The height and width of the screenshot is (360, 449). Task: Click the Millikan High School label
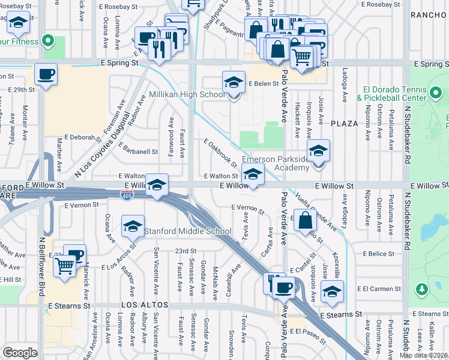click(179, 94)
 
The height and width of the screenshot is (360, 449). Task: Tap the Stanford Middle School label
click(187, 231)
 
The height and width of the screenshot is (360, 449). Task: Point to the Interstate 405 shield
click(127, 202)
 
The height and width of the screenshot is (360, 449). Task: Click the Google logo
click(20, 353)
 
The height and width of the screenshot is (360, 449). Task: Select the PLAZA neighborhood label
click(344, 123)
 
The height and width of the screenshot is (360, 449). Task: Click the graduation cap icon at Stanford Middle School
click(132, 226)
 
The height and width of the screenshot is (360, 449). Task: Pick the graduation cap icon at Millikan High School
click(234, 82)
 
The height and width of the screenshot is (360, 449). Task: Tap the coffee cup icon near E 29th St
click(46, 74)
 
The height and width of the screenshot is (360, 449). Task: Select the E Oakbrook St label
click(220, 153)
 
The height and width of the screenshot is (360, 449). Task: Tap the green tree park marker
click(422, 289)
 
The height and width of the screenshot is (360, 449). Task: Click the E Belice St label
click(378, 254)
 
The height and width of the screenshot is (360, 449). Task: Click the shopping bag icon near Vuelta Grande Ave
click(306, 220)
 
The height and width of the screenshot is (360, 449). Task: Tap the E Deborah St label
click(82, 137)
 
